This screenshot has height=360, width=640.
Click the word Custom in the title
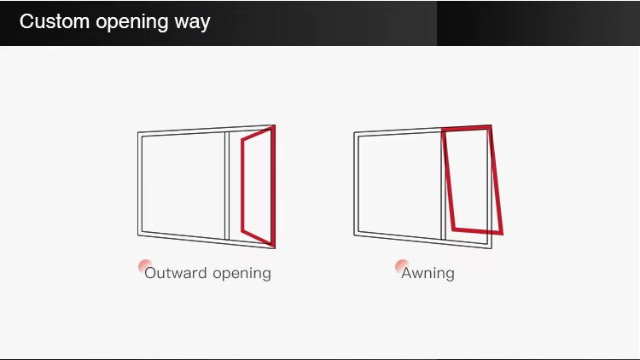tap(54, 22)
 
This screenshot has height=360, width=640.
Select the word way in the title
tap(192, 22)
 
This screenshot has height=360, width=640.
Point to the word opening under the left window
tap(241, 273)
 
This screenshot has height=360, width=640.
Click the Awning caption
tap(428, 273)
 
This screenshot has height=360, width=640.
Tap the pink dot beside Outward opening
tap(145, 266)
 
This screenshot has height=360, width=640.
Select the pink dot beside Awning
tap(402, 266)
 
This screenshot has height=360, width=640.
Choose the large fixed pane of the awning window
tap(399, 184)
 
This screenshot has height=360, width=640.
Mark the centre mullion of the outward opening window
tap(227, 185)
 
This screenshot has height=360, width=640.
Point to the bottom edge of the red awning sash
tap(477, 231)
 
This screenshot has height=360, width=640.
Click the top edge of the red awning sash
tap(467, 129)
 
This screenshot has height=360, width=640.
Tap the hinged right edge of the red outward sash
tap(272, 186)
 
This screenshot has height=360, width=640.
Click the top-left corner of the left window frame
tap(139, 133)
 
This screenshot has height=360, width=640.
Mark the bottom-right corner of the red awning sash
tap(501, 232)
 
